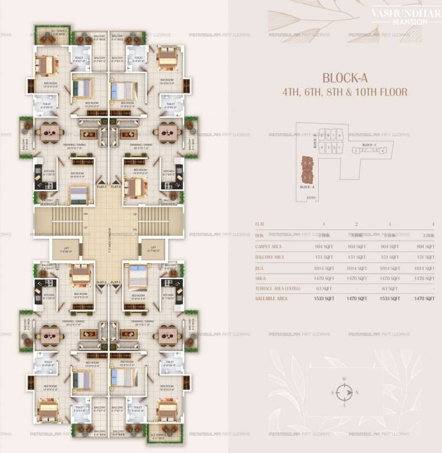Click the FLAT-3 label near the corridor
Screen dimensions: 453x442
(102, 186)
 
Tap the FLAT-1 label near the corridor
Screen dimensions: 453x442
(116, 282)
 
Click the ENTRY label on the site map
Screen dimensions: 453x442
(311, 198)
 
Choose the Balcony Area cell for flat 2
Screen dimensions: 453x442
(356, 257)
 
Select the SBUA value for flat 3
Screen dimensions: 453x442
(389, 278)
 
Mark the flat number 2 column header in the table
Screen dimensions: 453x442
(356, 224)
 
